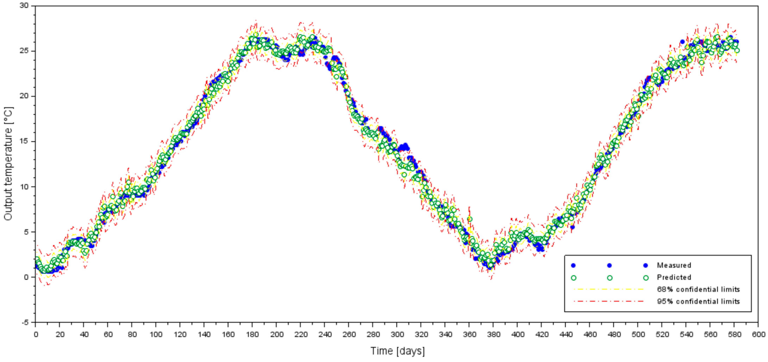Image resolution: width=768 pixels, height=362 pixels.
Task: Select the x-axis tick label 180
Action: coord(252,335)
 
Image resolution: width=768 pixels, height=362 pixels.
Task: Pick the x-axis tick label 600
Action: coord(758,335)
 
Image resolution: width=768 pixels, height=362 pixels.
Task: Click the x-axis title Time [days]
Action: coord(397,351)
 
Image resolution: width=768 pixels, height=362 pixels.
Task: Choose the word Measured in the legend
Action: coord(674,265)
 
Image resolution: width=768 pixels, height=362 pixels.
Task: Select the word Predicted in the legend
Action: coord(674,277)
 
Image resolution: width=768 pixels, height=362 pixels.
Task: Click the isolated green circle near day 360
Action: coord(470,219)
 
